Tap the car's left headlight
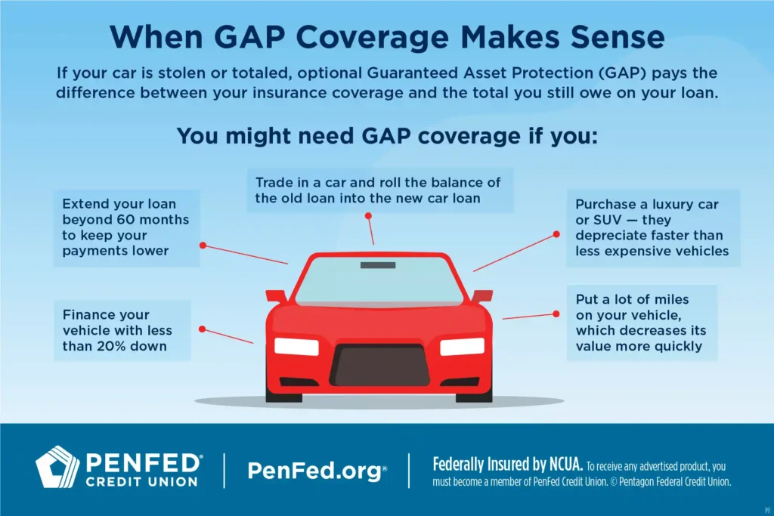coord(296,346)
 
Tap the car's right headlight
coord(462,346)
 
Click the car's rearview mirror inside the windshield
coord(373,265)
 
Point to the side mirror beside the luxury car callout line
coord(481,295)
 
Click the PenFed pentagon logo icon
coord(57,467)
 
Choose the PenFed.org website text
coord(317,471)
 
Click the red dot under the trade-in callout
coord(369,215)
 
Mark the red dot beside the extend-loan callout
coord(203,245)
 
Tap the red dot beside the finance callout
coord(202,329)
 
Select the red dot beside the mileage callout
coord(556,313)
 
